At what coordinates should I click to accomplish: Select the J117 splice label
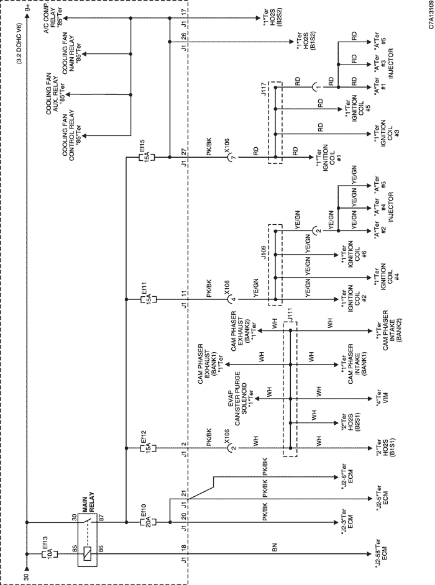[x=264, y=89]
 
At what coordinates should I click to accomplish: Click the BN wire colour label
[x=275, y=547]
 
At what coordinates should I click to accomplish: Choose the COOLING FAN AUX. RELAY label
[x=55, y=93]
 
